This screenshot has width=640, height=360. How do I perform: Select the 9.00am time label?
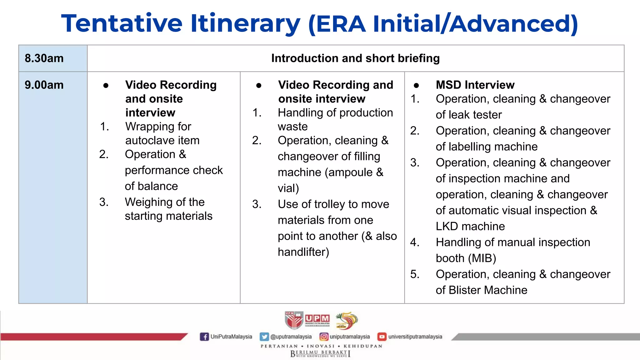[x=44, y=85]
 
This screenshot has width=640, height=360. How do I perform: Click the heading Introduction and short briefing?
[x=355, y=58]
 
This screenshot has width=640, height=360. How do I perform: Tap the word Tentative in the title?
[x=122, y=23]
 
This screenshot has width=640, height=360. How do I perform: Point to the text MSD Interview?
[x=475, y=85]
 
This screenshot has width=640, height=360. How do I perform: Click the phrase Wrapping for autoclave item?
[x=162, y=133]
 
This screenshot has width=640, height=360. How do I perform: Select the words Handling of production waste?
[x=335, y=119]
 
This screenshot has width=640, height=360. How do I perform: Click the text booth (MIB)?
[x=466, y=258]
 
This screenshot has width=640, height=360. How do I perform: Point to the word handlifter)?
[x=303, y=252]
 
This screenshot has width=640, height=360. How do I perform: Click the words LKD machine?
[x=470, y=226]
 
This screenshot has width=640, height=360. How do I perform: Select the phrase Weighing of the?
[x=165, y=202]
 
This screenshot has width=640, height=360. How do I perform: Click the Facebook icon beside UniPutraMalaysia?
[x=204, y=337]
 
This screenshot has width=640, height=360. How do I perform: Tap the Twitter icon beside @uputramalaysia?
[x=264, y=337]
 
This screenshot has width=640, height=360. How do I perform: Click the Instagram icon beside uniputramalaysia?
[x=324, y=337]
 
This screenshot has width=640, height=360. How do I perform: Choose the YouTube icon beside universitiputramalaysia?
[x=382, y=337]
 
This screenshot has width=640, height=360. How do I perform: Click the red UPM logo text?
[x=317, y=318]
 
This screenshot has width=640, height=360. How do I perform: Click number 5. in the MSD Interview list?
[x=415, y=274]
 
